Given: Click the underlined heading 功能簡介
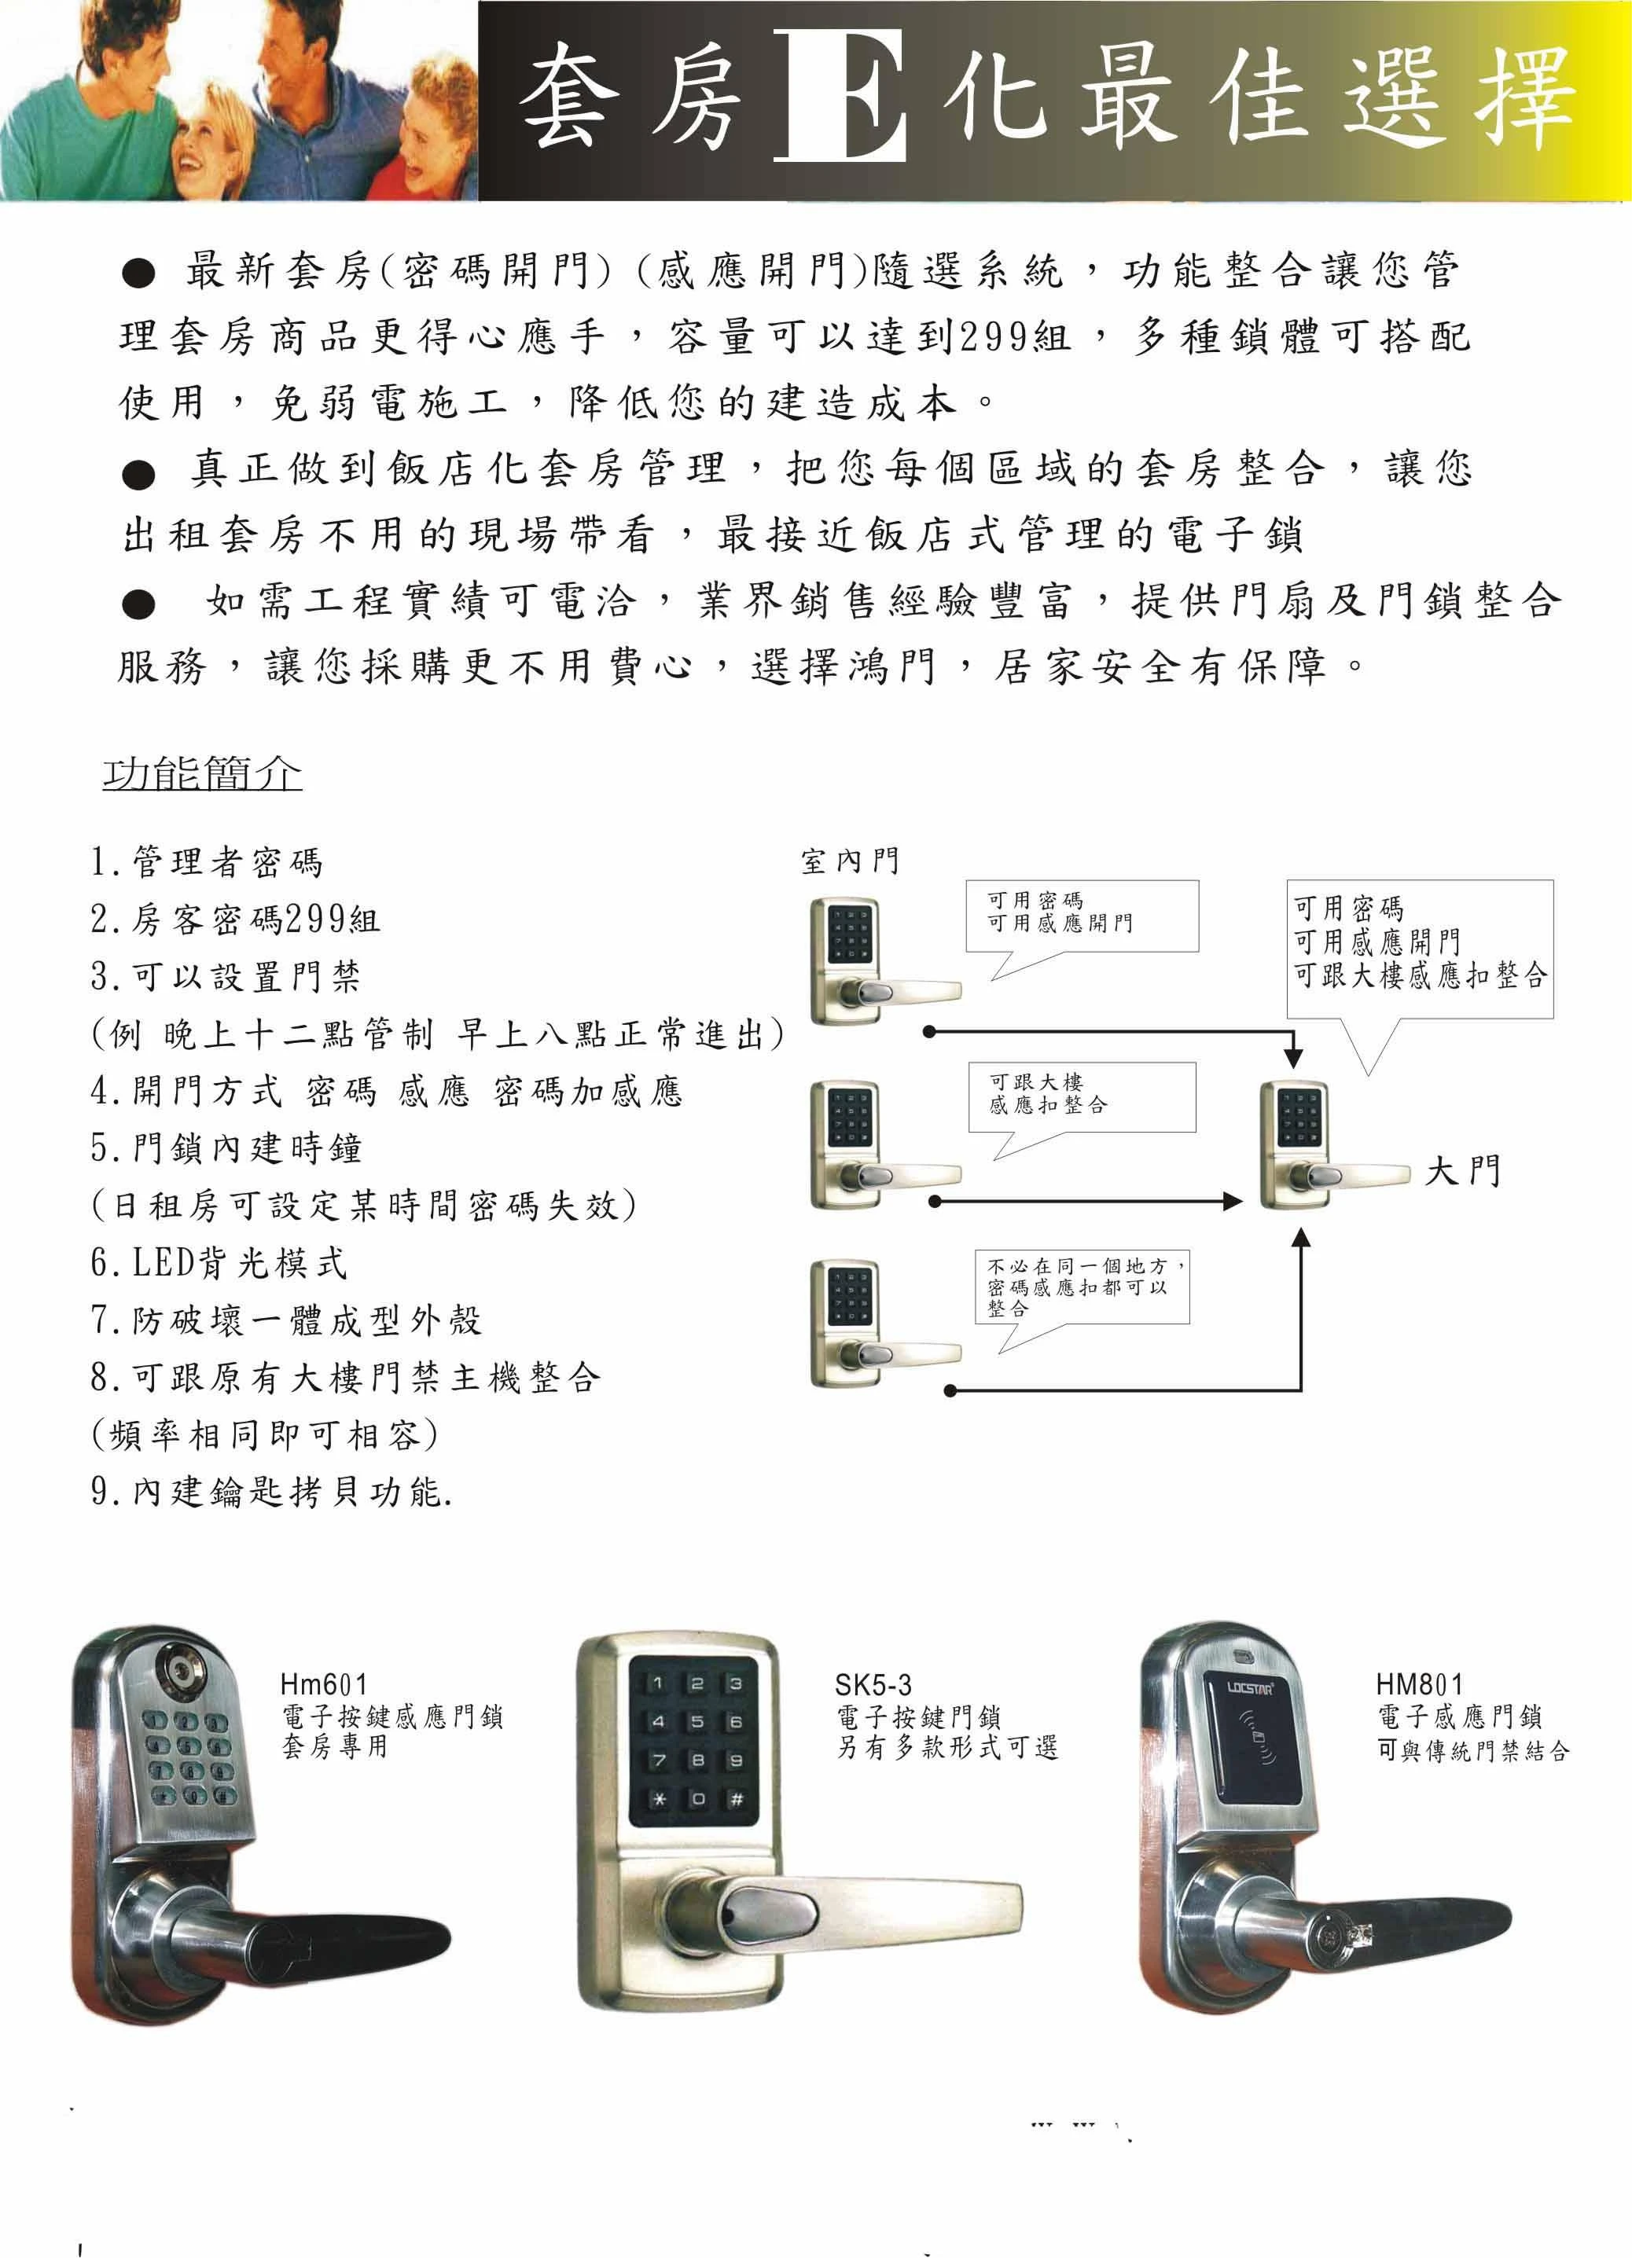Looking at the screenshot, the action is (202, 773).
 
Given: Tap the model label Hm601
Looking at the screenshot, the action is (324, 1683).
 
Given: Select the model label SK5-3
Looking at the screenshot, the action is (873, 1684).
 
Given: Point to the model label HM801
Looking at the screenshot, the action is (1419, 1683).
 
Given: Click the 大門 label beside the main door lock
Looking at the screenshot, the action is (1461, 1171).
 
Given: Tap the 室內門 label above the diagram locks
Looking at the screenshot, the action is (849, 861).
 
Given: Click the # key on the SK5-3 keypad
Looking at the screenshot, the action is (736, 1799).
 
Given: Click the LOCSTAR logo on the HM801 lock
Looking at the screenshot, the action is (1250, 1687).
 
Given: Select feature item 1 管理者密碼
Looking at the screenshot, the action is (206, 862).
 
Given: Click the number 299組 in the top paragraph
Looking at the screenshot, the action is (1012, 336).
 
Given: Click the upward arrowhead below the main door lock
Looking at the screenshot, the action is (1300, 1236).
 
